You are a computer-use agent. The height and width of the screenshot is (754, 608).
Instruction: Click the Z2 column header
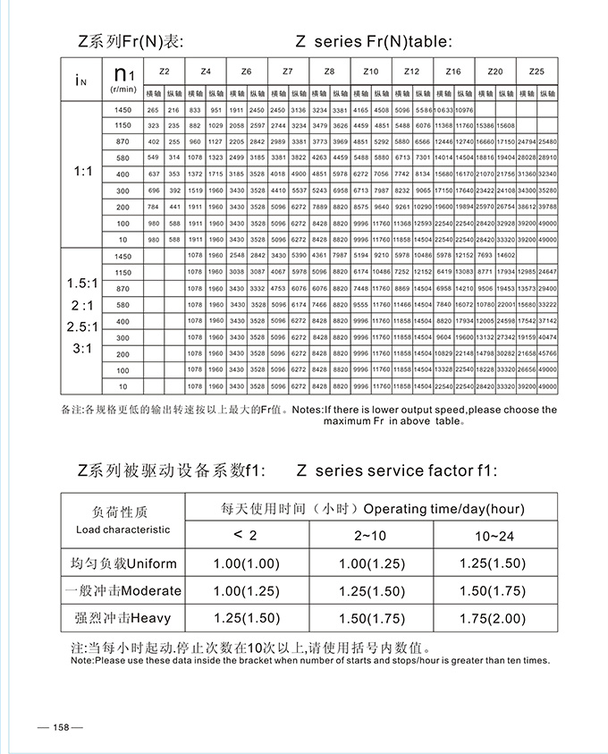pos(164,71)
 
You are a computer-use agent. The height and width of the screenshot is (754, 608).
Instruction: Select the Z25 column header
pos(536,71)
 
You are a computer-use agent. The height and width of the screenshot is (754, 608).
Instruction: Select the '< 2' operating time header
pos(244,535)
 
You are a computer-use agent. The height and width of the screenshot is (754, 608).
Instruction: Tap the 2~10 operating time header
pos(370,535)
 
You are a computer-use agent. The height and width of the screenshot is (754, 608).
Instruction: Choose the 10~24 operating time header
pos(494,535)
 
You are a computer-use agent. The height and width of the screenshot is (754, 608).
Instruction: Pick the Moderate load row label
pos(123,590)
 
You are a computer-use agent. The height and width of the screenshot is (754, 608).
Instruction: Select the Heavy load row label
pos(123,617)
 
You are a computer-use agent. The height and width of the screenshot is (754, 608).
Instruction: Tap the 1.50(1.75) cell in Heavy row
pos(370,617)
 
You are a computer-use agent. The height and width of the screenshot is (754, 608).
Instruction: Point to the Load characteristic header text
pos(122,529)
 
